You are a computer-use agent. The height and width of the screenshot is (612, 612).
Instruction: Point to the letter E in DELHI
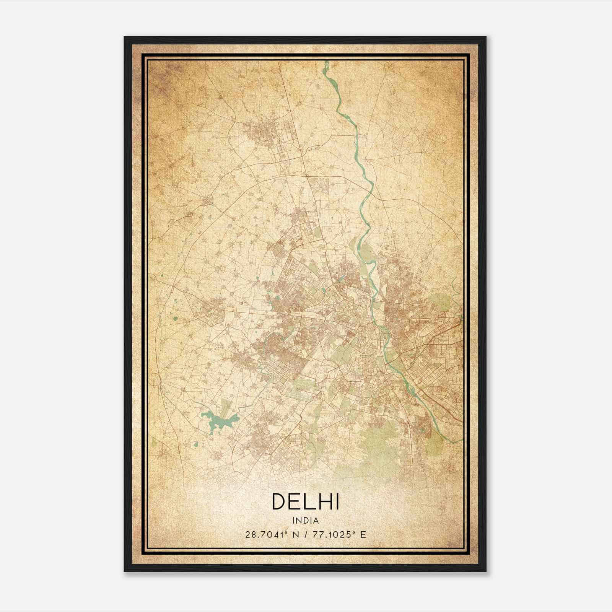(295, 501)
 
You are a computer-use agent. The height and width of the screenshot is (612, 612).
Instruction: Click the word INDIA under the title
(306, 521)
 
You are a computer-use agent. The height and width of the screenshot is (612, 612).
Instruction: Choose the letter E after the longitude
(363, 534)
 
